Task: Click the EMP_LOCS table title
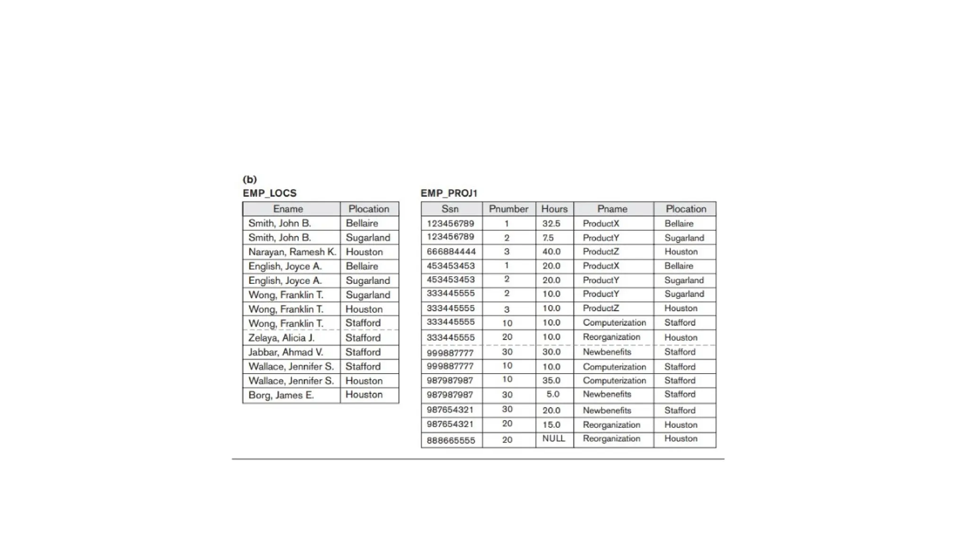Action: click(x=269, y=193)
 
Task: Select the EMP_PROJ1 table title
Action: click(x=449, y=193)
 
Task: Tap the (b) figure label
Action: click(x=250, y=179)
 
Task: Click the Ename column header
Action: click(x=288, y=209)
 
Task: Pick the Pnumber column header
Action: click(x=509, y=209)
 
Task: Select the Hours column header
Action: click(x=554, y=209)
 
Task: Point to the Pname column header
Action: click(x=612, y=209)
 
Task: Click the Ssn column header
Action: click(x=450, y=209)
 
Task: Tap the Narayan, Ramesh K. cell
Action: click(x=292, y=252)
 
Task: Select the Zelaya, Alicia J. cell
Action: click(x=281, y=338)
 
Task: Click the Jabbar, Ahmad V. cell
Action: click(x=285, y=352)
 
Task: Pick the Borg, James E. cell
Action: click(x=281, y=395)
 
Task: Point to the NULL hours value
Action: click(x=553, y=439)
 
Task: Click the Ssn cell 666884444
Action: click(x=451, y=252)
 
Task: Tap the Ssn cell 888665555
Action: click(x=451, y=440)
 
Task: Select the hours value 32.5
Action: click(x=551, y=223)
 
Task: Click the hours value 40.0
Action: click(x=551, y=252)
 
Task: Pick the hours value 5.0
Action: click(x=553, y=394)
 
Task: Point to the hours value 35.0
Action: click(x=551, y=380)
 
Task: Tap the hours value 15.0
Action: click(x=551, y=425)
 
